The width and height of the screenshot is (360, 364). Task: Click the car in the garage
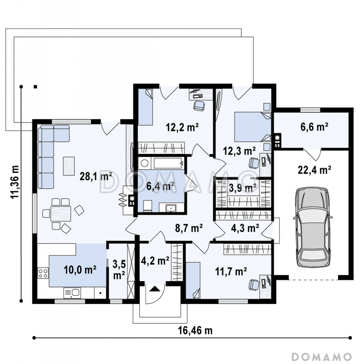coord(313,227)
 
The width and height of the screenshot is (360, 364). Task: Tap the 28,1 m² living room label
coord(96,176)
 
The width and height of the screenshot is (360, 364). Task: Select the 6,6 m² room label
coord(314,127)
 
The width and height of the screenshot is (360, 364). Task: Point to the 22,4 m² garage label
coord(314,170)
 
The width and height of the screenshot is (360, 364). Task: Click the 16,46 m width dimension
coord(195,330)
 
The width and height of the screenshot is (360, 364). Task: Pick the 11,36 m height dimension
coord(15,182)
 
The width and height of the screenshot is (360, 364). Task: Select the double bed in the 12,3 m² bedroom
coord(253,127)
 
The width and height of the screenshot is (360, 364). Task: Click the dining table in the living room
coord(61,213)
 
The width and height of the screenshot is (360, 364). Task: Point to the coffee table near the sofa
coord(69,166)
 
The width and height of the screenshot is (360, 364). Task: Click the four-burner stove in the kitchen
coord(43,273)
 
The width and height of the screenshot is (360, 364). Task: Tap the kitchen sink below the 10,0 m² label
coord(72,293)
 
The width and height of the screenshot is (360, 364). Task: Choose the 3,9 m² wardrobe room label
coord(243,187)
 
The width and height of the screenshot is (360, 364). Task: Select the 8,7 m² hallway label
coord(189,228)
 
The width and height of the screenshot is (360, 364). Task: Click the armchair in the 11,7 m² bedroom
coord(254,284)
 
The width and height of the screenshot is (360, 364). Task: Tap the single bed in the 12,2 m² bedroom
coord(145,107)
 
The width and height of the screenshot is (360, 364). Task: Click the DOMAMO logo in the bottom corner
coord(322,357)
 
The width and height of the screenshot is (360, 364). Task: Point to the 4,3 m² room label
coord(245,228)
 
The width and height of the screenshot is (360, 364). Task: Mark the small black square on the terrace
coord(35,87)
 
